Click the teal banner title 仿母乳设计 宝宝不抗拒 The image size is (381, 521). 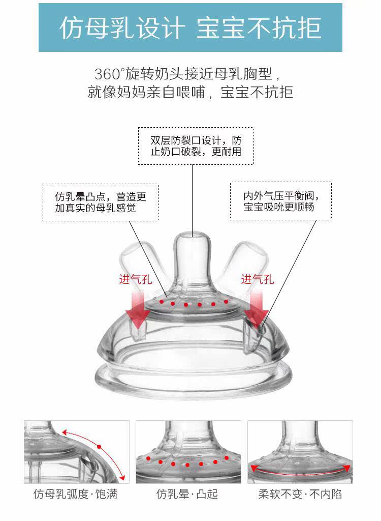coord(190,28)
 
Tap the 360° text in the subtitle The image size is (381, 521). coord(109,74)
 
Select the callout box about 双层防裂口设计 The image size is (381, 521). coord(196,146)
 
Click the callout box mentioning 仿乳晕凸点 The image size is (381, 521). coord(100,202)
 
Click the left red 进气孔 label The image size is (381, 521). coord(136,279)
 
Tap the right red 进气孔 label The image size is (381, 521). coord(257,279)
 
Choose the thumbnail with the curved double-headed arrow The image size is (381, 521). coord(76,451)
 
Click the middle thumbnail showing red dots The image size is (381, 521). coord(188,451)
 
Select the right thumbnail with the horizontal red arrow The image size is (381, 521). coord(300,451)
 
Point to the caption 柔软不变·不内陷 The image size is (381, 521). coord(300,494)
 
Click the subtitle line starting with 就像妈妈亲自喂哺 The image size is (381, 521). coord(190,93)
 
